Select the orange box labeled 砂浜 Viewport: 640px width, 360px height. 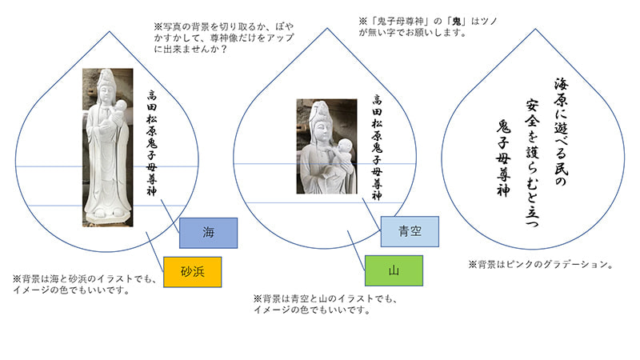[x=191, y=270]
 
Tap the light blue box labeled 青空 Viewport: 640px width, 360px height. [x=410, y=231]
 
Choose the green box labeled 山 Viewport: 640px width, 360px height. [x=394, y=270]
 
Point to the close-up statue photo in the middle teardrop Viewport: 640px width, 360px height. [x=326, y=146]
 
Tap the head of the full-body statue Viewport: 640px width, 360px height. [x=106, y=81]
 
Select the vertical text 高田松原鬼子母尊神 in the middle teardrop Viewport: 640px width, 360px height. [x=377, y=141]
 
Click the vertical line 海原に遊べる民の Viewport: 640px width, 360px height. [x=562, y=133]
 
